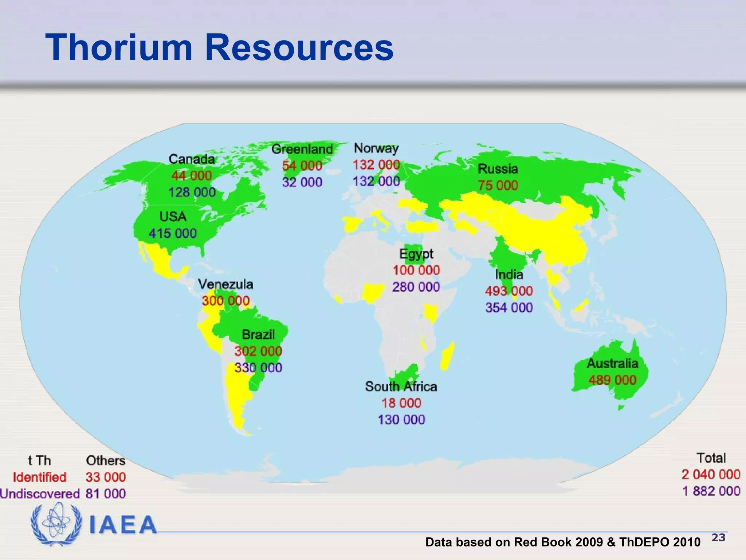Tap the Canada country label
point(192,159)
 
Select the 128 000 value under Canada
point(192,192)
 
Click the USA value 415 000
point(173,233)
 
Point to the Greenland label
point(302,149)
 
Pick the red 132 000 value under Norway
point(376,165)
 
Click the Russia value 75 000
point(498,185)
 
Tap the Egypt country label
point(416,254)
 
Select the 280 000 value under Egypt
point(416,287)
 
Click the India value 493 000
point(509,291)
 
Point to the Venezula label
point(225,284)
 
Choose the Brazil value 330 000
point(258,367)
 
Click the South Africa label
point(401,386)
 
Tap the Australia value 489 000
point(612,380)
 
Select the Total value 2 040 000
point(711,474)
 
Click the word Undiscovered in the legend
point(40,494)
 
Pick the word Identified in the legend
point(40,477)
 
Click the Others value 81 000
point(106,494)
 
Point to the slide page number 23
point(718,537)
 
